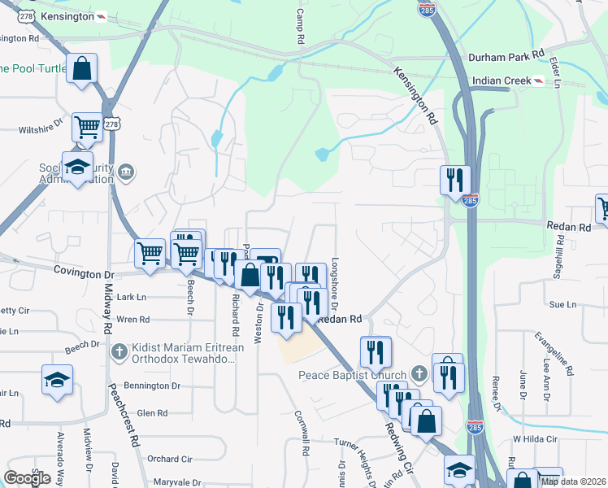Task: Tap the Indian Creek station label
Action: pos(505,81)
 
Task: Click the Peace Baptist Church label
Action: pos(352,375)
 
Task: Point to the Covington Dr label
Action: pos(81,270)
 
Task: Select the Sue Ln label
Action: pos(562,304)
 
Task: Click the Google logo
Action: pos(27,478)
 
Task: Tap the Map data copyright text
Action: pos(573,481)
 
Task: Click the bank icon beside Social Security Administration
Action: pos(126,172)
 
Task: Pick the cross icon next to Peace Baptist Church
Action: pos(419,374)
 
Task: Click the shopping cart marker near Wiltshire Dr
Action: pos(87,127)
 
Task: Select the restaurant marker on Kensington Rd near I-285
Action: pos(455,180)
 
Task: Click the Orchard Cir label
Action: pos(169,459)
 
